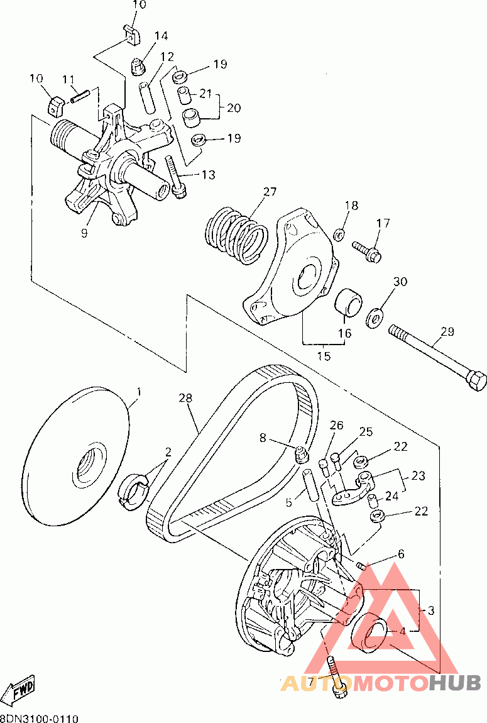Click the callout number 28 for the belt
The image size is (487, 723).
(185, 398)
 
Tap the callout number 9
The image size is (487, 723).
(85, 233)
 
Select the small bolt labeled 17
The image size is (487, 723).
(368, 250)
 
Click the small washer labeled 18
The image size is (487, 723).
(339, 235)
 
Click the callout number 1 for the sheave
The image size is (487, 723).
(139, 392)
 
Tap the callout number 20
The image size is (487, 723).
(234, 108)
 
